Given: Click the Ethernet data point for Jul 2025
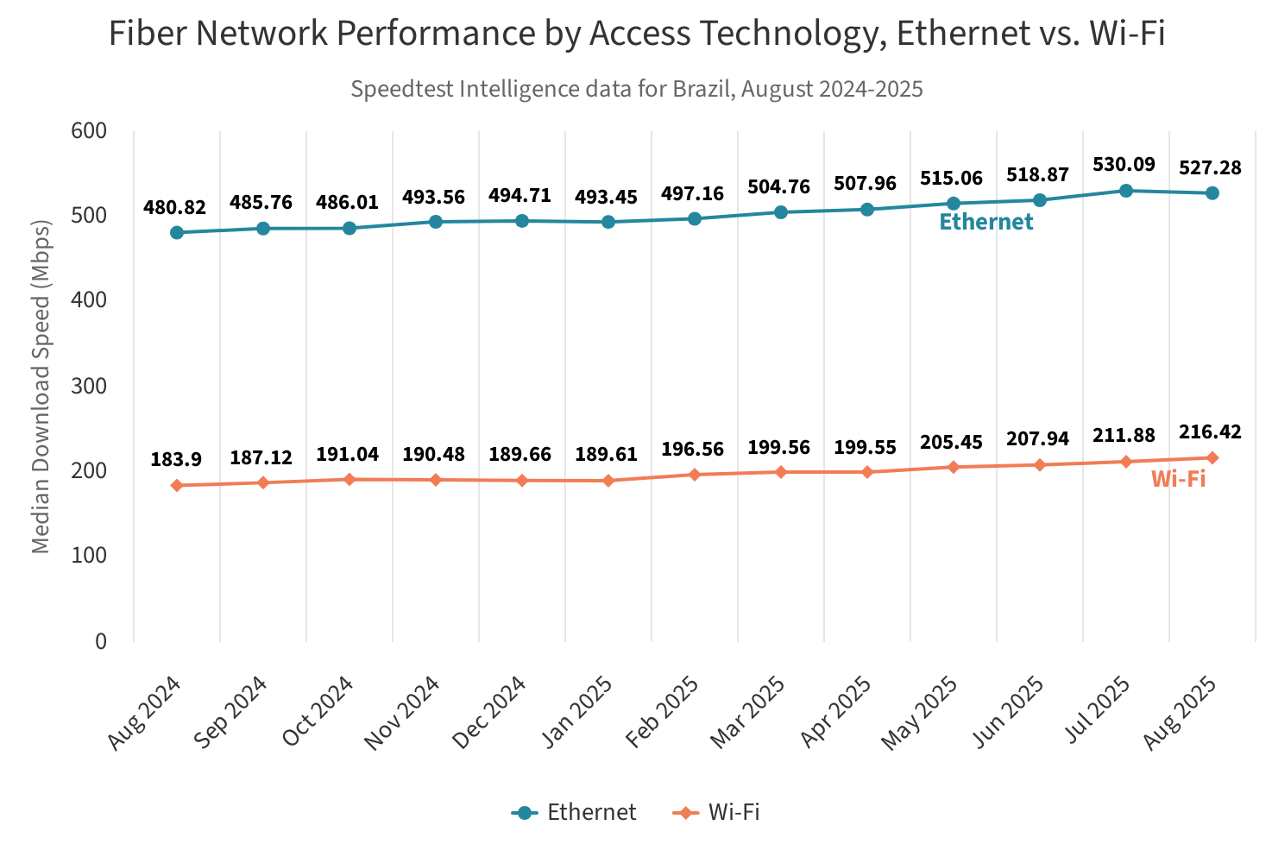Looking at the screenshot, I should [x=1126, y=191].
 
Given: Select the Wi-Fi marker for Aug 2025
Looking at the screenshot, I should [x=1212, y=457].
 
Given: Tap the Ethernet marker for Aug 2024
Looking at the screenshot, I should [x=177, y=232].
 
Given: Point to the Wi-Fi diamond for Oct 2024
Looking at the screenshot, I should [x=349, y=479].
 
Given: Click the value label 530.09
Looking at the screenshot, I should [x=1124, y=164].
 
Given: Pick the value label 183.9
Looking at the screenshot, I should [x=176, y=460].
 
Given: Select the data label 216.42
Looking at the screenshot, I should [x=1210, y=431].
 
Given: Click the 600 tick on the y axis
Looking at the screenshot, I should [x=89, y=130].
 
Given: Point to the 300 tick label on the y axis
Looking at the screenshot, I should [x=89, y=386].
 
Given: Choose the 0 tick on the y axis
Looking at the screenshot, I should [x=101, y=641].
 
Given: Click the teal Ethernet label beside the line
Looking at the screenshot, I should [x=985, y=223].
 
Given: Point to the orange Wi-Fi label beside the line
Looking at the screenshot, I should [x=1178, y=480].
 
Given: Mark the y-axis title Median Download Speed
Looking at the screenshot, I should [x=41, y=385].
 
